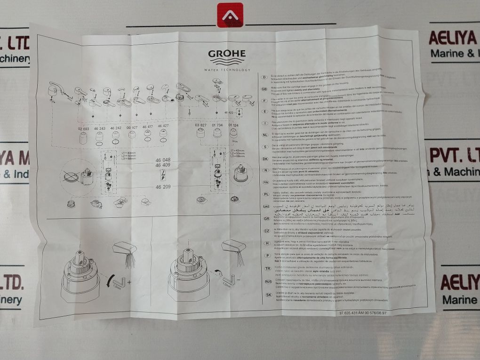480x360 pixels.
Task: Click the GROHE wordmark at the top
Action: [227, 54]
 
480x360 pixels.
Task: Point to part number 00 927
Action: [132, 127]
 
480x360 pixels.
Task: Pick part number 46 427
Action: [163, 126]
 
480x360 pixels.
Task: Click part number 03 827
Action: [200, 125]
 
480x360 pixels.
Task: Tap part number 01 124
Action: [233, 125]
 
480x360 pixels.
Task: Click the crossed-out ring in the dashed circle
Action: [71, 177]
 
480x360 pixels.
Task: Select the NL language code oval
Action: [264, 135]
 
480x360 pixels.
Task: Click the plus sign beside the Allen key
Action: [129, 283]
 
